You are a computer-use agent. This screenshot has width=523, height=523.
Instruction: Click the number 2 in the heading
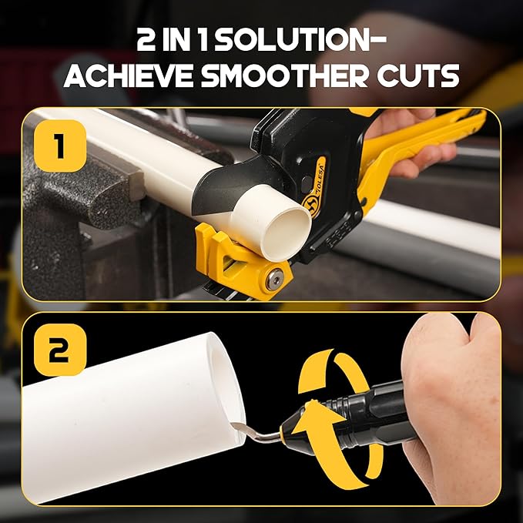[150, 40]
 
